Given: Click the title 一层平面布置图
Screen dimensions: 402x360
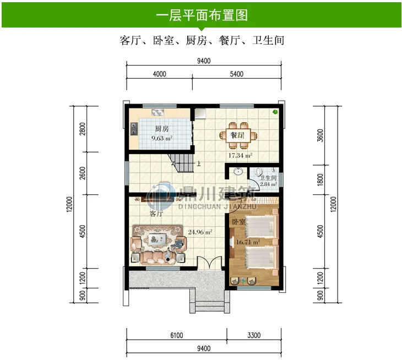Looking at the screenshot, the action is point(202,15).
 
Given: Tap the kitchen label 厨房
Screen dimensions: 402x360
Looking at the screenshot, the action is point(162,129).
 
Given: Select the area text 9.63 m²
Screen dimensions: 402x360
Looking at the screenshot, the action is point(162,138).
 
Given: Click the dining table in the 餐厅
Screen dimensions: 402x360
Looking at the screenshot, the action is point(238,135).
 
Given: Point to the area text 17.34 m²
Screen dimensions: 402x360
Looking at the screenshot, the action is point(240,155).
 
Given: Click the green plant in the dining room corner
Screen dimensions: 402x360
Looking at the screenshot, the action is point(275,112).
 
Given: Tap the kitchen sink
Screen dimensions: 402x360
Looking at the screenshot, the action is point(158,112).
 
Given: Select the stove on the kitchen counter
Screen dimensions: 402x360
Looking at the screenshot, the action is point(134,129).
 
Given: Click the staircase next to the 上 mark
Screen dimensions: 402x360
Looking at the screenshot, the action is point(181,163).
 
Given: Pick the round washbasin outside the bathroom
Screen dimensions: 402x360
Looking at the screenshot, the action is point(238,171).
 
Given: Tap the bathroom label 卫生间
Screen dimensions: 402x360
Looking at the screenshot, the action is point(268,178).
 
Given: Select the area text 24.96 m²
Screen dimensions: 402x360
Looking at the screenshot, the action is point(200,232).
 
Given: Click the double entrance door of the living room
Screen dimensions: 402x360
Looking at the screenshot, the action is point(209,263).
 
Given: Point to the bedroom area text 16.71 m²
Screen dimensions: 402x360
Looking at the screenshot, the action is point(248,242).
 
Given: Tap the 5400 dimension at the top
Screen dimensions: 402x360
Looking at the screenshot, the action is point(237,74).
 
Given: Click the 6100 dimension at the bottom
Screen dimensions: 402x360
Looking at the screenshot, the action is point(177,335).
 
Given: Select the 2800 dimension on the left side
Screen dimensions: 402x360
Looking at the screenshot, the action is point(82,129).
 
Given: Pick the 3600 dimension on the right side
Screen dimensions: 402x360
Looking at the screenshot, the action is point(320,135).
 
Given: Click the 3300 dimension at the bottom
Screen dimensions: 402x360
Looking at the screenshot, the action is point(254,335).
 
